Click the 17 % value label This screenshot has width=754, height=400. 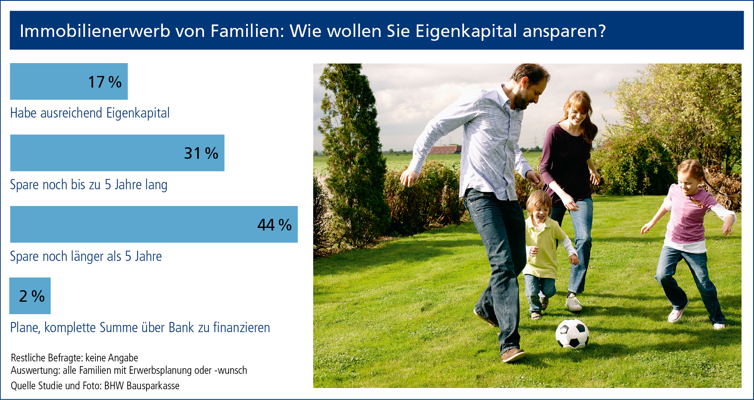(x=105, y=82)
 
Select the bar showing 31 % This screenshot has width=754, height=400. (x=117, y=153)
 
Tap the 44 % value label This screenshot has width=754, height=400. (x=275, y=224)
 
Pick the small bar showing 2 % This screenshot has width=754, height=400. (x=30, y=296)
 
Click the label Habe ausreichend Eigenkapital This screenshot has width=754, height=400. (x=90, y=113)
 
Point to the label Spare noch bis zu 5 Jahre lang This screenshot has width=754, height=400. (x=89, y=185)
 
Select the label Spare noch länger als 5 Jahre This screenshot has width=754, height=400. (x=86, y=256)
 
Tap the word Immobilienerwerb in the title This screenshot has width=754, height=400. (x=95, y=31)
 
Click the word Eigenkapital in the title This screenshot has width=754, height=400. (x=466, y=31)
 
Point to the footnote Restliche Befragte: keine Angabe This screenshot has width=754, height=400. (x=74, y=358)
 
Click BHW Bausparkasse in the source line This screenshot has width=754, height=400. (x=142, y=385)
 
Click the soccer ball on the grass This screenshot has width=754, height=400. (x=572, y=333)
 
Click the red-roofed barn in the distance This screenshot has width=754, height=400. (x=445, y=150)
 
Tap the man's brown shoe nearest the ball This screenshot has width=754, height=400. (x=513, y=355)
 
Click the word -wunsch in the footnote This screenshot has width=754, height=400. (x=231, y=370)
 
